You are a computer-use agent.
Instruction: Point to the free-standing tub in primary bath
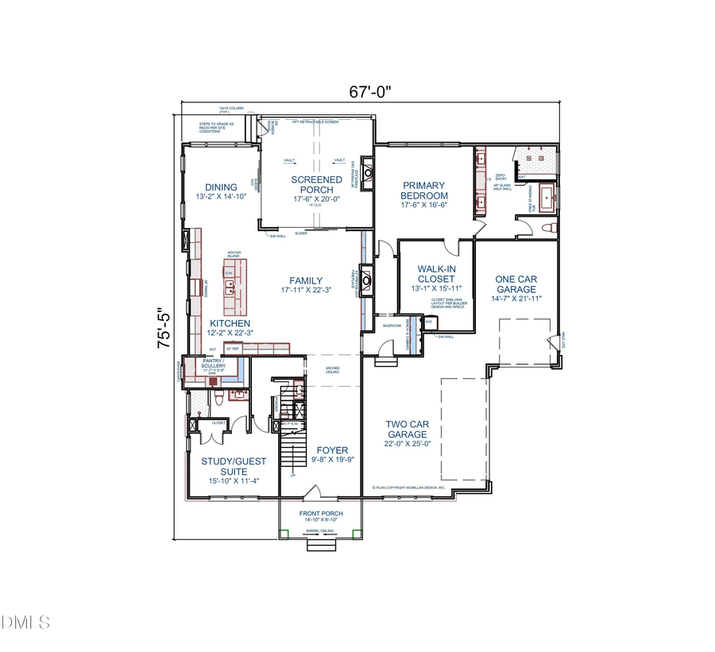[x=548, y=195]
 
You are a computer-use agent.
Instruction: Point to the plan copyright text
[x=408, y=488]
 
